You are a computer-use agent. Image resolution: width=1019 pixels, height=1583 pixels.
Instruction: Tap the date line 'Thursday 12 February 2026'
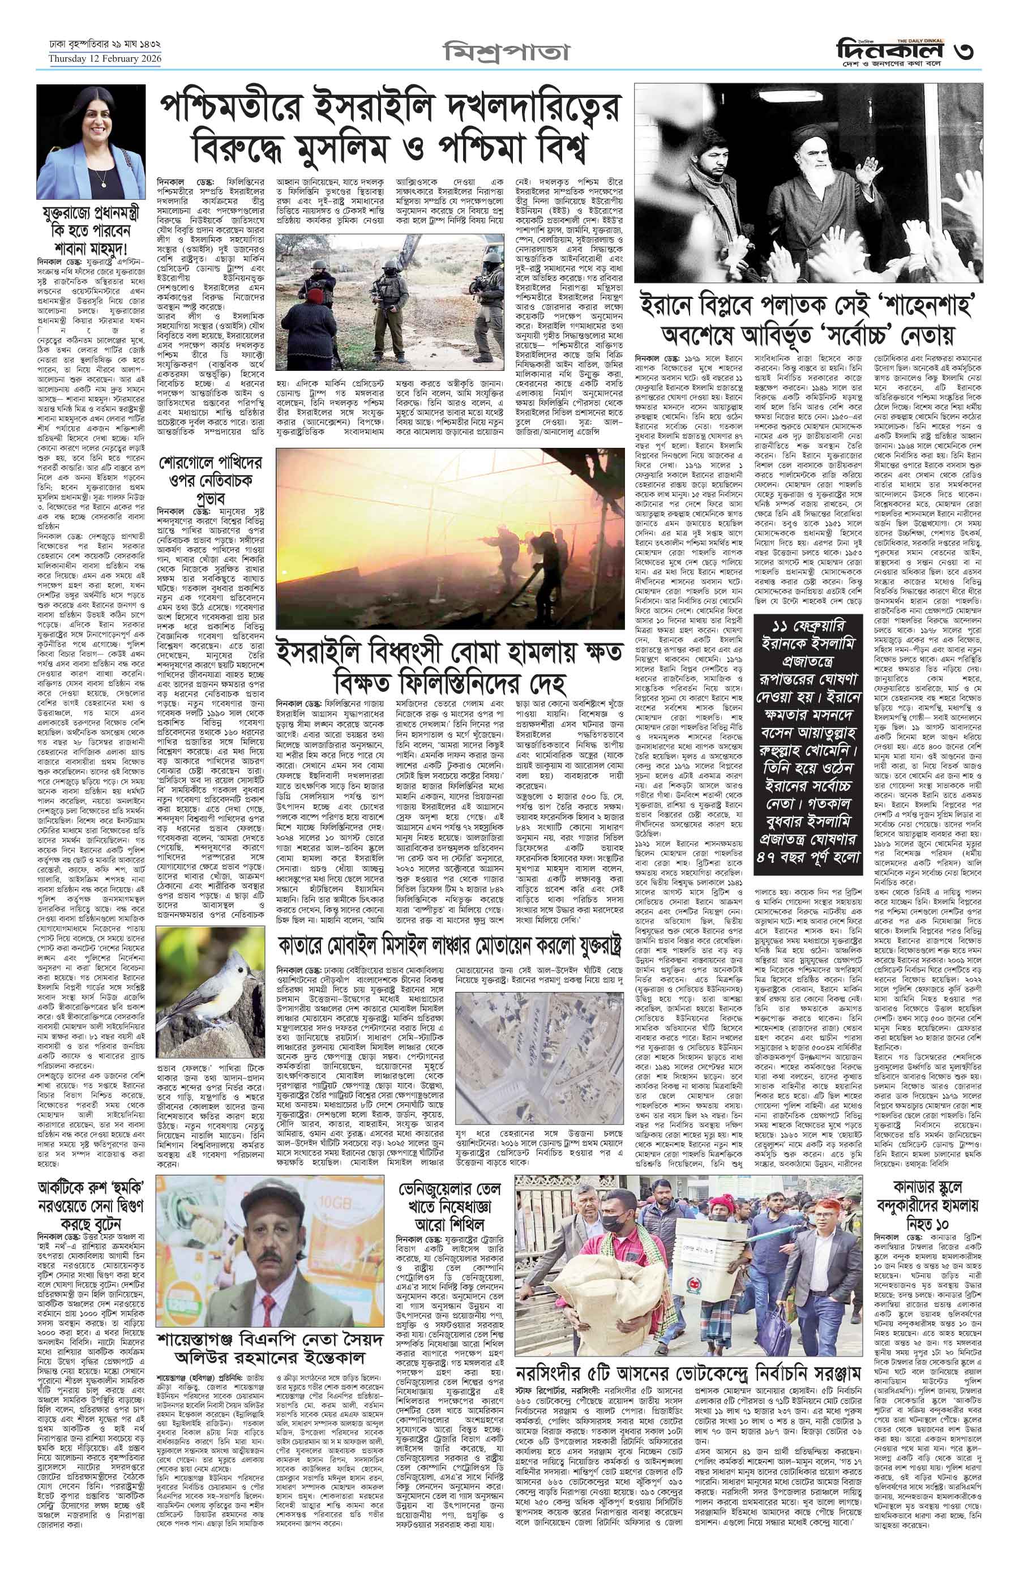point(105,59)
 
